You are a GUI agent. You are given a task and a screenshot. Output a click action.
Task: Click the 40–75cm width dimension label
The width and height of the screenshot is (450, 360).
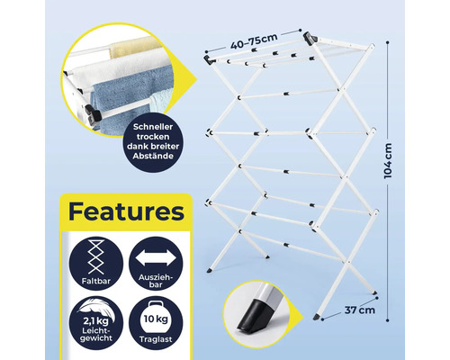point(254,41)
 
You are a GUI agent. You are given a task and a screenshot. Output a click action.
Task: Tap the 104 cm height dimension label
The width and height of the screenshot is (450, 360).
point(388,161)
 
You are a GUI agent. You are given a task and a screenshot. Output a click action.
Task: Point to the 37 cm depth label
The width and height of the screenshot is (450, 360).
point(360,310)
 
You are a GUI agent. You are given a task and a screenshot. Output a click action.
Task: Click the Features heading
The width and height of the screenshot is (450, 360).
point(126,211)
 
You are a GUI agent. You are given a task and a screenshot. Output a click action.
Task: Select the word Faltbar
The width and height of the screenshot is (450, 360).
point(96,281)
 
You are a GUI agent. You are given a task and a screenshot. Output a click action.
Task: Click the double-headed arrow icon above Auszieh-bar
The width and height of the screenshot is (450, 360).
point(156,258)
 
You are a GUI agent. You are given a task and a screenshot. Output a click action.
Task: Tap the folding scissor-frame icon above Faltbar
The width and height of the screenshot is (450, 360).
point(96,257)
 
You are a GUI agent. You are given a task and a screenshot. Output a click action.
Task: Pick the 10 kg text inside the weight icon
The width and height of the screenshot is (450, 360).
point(156,319)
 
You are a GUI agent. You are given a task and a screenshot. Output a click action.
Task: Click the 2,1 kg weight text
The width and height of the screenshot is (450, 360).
point(96,321)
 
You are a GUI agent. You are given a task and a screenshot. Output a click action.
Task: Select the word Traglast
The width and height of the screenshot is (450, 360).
point(156,339)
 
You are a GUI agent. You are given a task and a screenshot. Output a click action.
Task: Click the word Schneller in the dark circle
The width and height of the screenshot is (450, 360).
point(153,127)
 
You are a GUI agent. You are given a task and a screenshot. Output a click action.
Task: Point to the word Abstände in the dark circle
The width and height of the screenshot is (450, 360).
point(153,156)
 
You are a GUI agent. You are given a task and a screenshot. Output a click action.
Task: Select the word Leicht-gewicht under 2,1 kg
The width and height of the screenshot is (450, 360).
point(96,335)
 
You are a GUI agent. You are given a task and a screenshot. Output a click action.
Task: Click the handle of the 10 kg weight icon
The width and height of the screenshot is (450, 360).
point(156,304)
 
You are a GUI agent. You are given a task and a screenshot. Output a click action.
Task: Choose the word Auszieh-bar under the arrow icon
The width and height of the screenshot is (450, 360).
point(156,281)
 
